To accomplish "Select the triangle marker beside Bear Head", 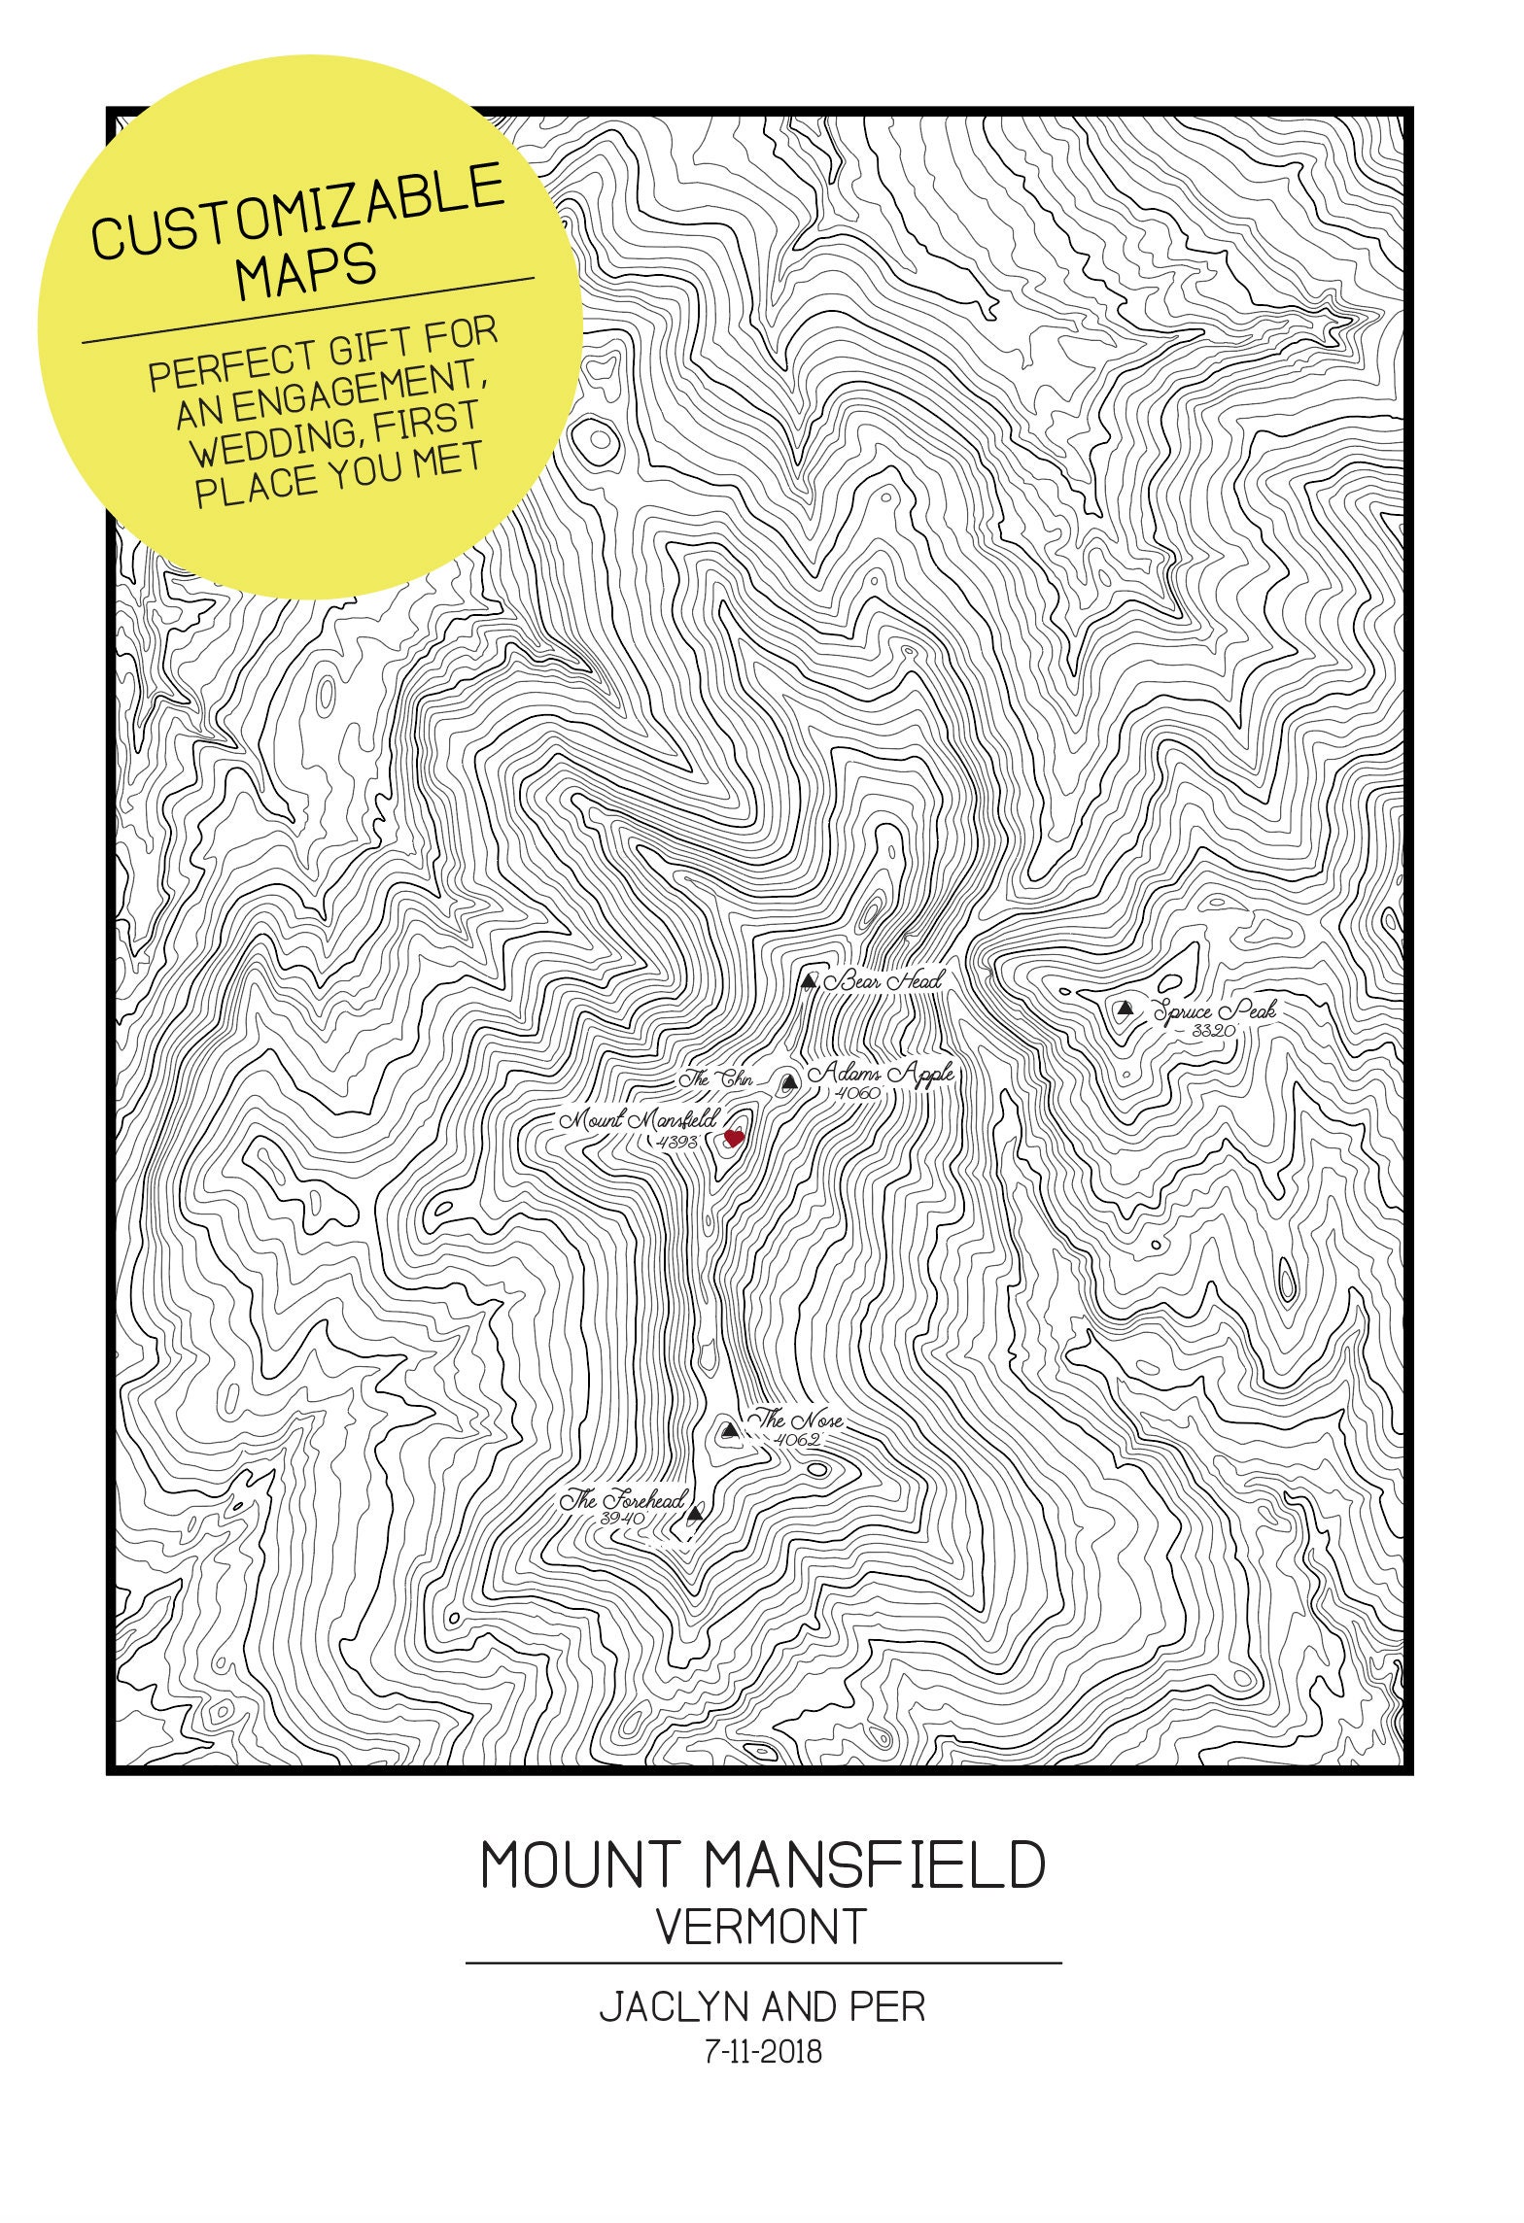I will pos(808,980).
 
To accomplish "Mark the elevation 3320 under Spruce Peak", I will pos(1212,1031).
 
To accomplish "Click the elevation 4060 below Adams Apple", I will pos(856,1093).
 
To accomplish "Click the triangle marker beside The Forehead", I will pos(694,1514).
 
